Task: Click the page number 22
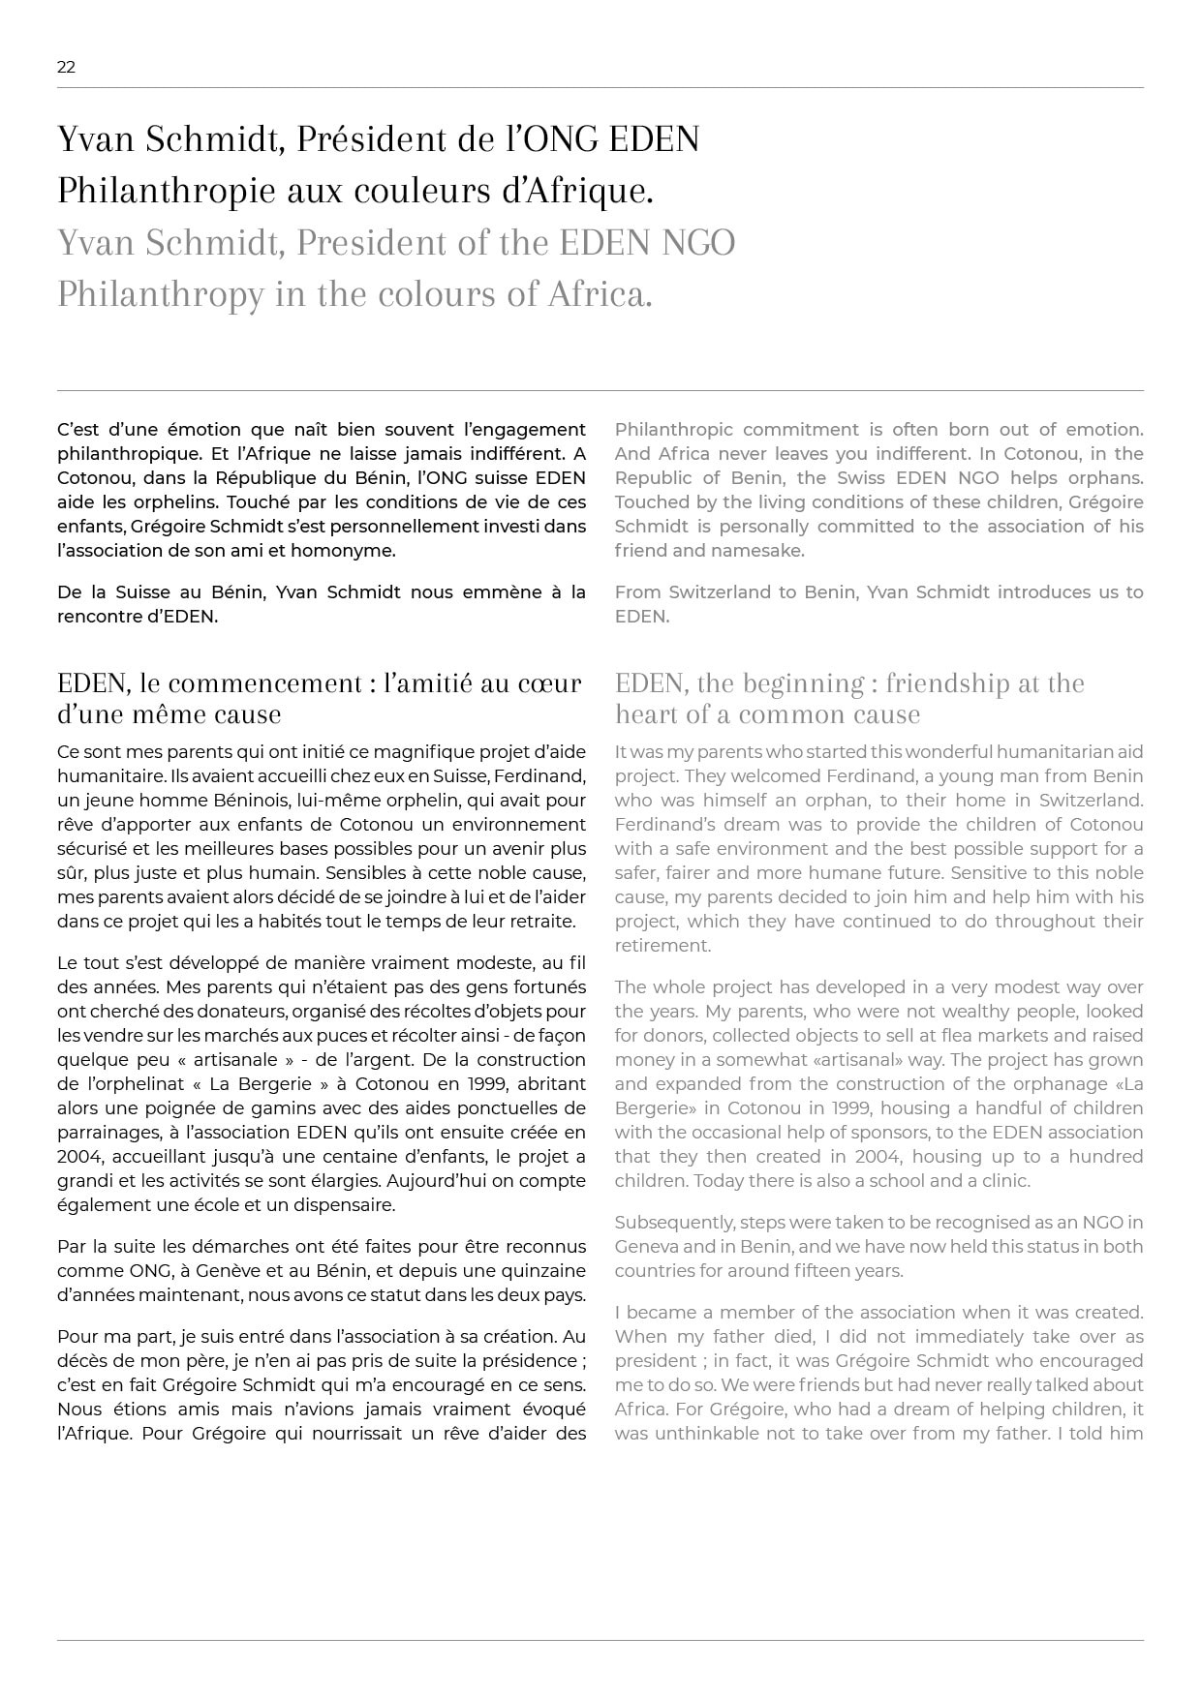(x=66, y=67)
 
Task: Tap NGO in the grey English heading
(x=698, y=242)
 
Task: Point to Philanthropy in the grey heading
(x=160, y=294)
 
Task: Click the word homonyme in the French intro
(x=351, y=551)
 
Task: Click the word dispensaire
(x=343, y=1205)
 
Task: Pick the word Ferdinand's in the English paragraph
(x=660, y=825)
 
